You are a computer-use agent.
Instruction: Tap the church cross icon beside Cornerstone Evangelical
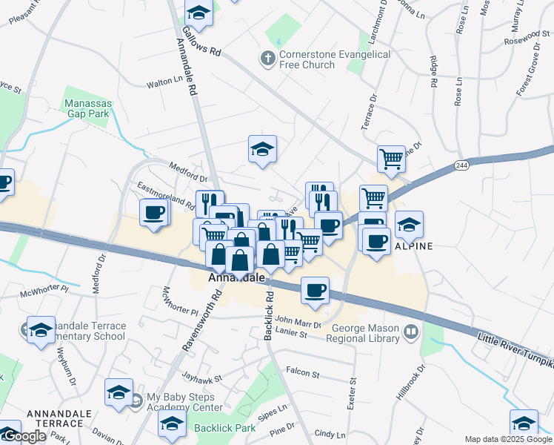click(x=267, y=56)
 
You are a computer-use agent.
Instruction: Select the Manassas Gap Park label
click(x=87, y=108)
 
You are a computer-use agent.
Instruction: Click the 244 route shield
click(x=461, y=165)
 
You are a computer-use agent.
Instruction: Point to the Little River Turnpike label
click(x=515, y=352)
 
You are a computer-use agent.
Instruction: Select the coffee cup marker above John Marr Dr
click(x=315, y=290)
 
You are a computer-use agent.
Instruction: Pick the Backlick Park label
click(x=224, y=428)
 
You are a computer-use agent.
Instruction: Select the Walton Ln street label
click(x=164, y=85)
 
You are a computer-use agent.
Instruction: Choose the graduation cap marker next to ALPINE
click(x=409, y=224)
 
